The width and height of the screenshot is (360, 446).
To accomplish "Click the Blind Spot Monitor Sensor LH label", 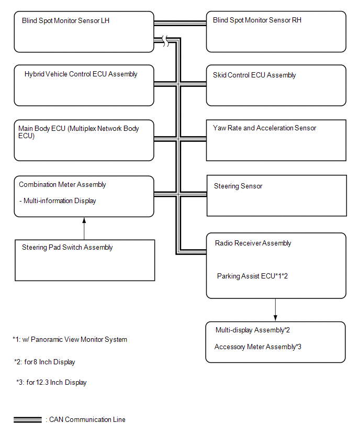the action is (66, 21).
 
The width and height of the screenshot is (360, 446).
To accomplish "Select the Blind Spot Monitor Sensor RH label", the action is (257, 20).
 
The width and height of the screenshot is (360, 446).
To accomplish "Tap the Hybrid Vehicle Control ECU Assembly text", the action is (81, 74).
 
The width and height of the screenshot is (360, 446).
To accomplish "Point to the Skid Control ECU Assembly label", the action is (254, 75).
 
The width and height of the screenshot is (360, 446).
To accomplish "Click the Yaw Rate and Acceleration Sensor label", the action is (264, 128).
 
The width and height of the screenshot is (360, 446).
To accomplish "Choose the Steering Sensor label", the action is (238, 186).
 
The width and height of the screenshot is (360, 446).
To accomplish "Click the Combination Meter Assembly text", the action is (62, 185).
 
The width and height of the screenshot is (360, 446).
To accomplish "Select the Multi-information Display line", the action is (58, 201).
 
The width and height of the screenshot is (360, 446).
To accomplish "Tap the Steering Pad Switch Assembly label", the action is (67, 248).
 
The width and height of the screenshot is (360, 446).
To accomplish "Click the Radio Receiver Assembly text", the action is (253, 243).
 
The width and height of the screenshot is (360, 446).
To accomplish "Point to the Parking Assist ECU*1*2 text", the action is (252, 276).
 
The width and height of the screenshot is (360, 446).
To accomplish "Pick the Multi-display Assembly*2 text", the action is (253, 330).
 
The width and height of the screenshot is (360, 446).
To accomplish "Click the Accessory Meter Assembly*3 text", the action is (257, 347).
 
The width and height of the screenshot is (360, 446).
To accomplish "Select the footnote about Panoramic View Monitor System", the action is (70, 339).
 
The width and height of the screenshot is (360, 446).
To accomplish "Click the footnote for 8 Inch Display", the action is (44, 362).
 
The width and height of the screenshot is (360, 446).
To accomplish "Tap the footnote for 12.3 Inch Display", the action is (51, 382).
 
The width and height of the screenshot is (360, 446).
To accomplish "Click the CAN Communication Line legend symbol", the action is (28, 420).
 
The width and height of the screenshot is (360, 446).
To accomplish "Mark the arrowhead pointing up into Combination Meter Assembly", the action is (84, 220).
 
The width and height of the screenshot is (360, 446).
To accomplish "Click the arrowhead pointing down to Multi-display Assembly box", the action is (275, 318).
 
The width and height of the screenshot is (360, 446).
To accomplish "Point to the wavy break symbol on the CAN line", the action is (165, 41).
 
